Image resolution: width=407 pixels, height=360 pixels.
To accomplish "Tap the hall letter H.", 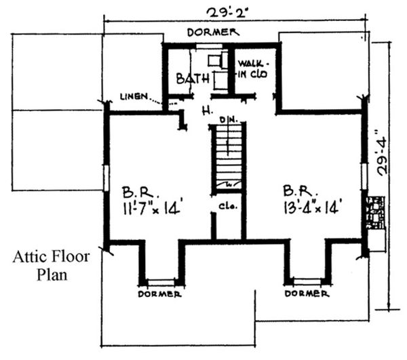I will click(203, 109).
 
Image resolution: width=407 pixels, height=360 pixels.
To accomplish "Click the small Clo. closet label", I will click(227, 206).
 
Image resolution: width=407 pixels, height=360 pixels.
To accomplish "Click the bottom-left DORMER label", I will click(159, 294).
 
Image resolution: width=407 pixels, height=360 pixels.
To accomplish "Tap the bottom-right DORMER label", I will click(307, 294).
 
